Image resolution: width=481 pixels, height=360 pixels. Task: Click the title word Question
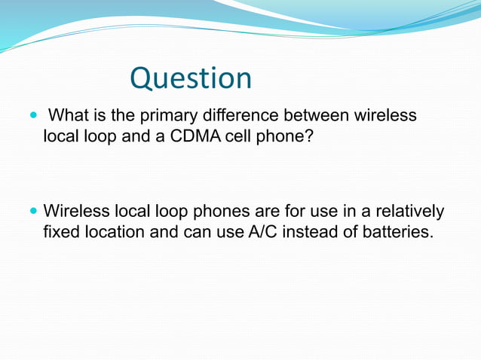pos(191,78)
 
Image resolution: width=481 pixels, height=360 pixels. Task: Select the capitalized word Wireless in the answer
pos(74,210)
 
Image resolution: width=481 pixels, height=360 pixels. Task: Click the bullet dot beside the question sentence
pos(32,117)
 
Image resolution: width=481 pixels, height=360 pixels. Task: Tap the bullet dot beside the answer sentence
pos(32,211)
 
